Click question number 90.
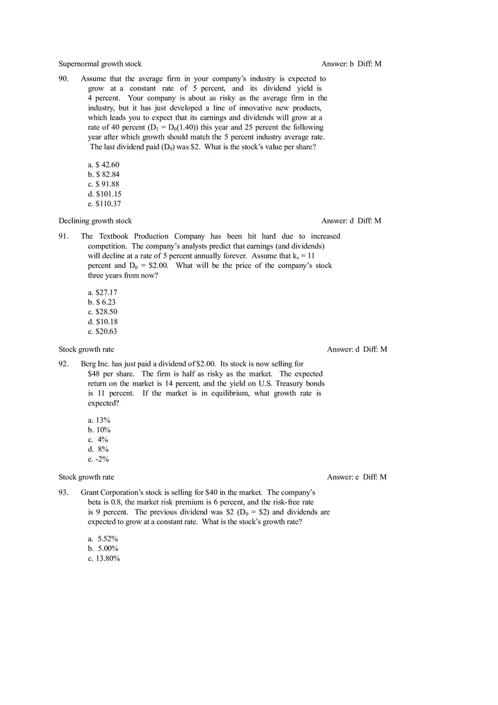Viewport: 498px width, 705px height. coord(63,79)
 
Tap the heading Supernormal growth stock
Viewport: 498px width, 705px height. coord(100,64)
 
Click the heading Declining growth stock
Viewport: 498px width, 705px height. coord(95,220)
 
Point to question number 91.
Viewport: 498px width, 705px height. coord(63,236)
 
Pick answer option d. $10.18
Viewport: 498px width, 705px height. coord(102,322)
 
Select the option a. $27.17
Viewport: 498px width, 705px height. coord(102,292)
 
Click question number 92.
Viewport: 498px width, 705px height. coord(63,364)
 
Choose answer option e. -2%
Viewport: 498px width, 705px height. coord(98,459)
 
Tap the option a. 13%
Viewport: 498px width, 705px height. coord(99,420)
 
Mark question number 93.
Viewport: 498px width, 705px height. coord(63,492)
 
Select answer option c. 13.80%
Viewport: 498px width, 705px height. coord(104,559)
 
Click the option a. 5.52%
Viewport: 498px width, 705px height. coord(102,539)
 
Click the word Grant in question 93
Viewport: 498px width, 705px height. coord(91,492)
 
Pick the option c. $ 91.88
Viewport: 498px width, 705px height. coord(104,184)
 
